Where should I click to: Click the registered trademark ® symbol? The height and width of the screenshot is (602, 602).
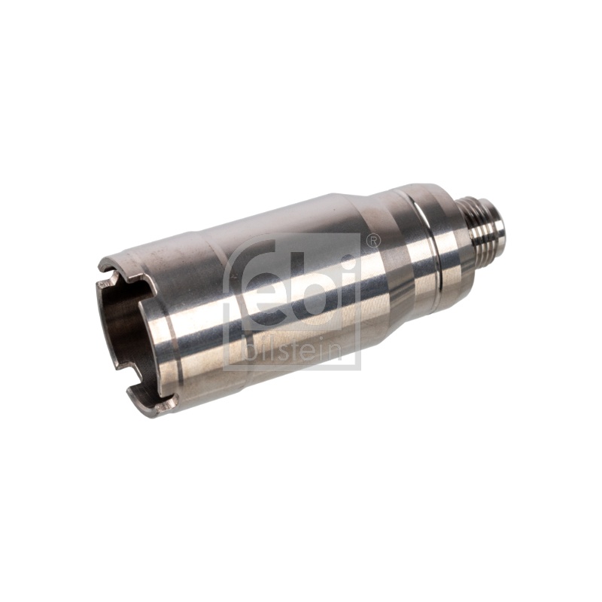pos(372,241)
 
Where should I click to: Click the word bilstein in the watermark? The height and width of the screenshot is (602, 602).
pos(293,351)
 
